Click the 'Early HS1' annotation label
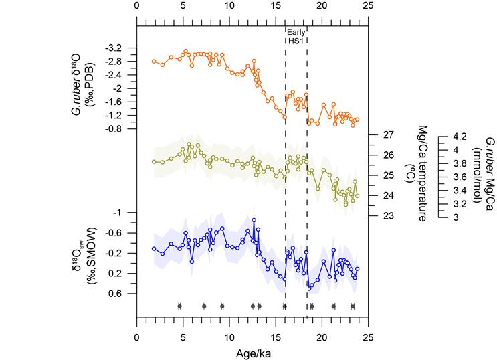(296, 37)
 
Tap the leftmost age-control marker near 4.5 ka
(179, 306)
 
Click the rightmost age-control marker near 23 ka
(353, 306)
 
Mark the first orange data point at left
(154, 61)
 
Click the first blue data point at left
(154, 248)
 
